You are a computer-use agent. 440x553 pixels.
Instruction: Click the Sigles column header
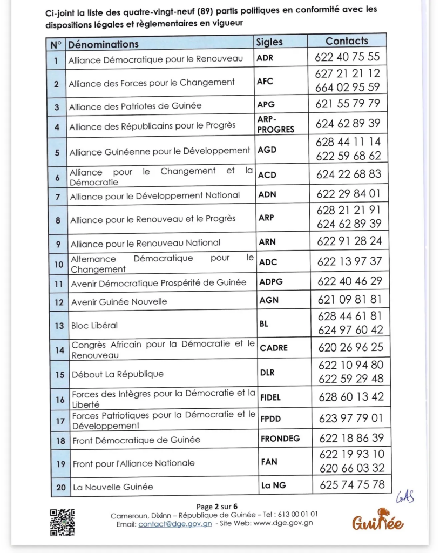(269, 42)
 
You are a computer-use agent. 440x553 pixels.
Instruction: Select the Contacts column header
(347, 41)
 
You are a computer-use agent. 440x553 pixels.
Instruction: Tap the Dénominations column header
(103, 44)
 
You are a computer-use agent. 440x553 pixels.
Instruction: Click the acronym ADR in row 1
(265, 58)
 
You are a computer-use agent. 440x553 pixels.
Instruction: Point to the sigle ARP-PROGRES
(275, 124)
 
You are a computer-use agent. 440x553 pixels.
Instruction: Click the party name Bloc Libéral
(94, 326)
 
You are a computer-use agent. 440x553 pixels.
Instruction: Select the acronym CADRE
(274, 347)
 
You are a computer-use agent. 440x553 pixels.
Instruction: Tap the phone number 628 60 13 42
(351, 397)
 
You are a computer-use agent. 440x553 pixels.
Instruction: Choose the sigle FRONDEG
(280, 439)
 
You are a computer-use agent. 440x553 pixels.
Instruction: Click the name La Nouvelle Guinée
(113, 487)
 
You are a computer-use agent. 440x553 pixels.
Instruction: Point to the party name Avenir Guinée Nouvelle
(119, 302)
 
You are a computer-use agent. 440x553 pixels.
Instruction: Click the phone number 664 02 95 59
(348, 87)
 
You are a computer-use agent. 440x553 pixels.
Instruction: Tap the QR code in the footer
(62, 522)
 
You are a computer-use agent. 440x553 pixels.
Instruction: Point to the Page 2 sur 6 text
(216, 507)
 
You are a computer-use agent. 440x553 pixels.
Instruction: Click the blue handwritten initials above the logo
(404, 497)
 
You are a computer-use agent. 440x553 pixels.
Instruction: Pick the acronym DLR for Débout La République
(267, 373)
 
